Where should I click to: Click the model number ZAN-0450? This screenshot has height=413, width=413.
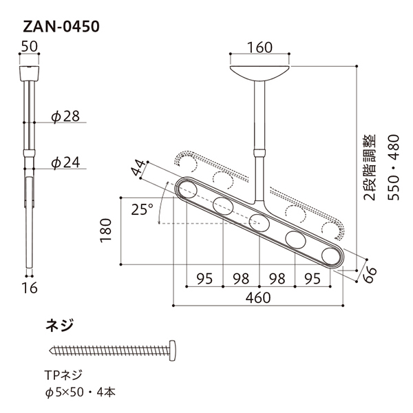click(61, 27)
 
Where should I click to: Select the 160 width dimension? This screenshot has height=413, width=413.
click(260, 47)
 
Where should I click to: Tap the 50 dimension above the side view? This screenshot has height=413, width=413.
click(29, 47)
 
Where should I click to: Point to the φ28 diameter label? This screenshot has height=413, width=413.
click(65, 116)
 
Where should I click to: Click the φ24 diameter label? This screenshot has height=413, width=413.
click(65, 162)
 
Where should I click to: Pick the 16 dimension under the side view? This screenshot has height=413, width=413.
click(30, 288)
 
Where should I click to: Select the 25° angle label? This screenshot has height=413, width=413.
click(142, 209)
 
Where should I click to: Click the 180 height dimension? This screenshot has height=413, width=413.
click(106, 230)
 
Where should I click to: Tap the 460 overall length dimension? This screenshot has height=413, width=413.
click(258, 298)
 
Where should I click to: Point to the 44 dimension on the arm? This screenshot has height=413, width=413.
click(138, 168)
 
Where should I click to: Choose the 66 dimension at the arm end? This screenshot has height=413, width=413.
click(370, 275)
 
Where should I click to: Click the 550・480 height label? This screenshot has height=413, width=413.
click(394, 167)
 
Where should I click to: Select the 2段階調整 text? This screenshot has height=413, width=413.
click(369, 167)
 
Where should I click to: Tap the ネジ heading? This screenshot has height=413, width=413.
click(59, 326)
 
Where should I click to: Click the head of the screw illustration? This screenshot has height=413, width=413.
click(173, 350)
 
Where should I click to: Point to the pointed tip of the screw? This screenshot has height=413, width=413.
click(50, 350)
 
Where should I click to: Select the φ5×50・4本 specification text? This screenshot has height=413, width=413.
click(81, 392)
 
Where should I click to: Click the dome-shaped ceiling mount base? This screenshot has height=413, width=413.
click(260, 73)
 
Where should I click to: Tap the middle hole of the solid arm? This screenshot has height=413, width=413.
click(260, 223)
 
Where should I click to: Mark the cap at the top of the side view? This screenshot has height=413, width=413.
click(29, 73)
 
